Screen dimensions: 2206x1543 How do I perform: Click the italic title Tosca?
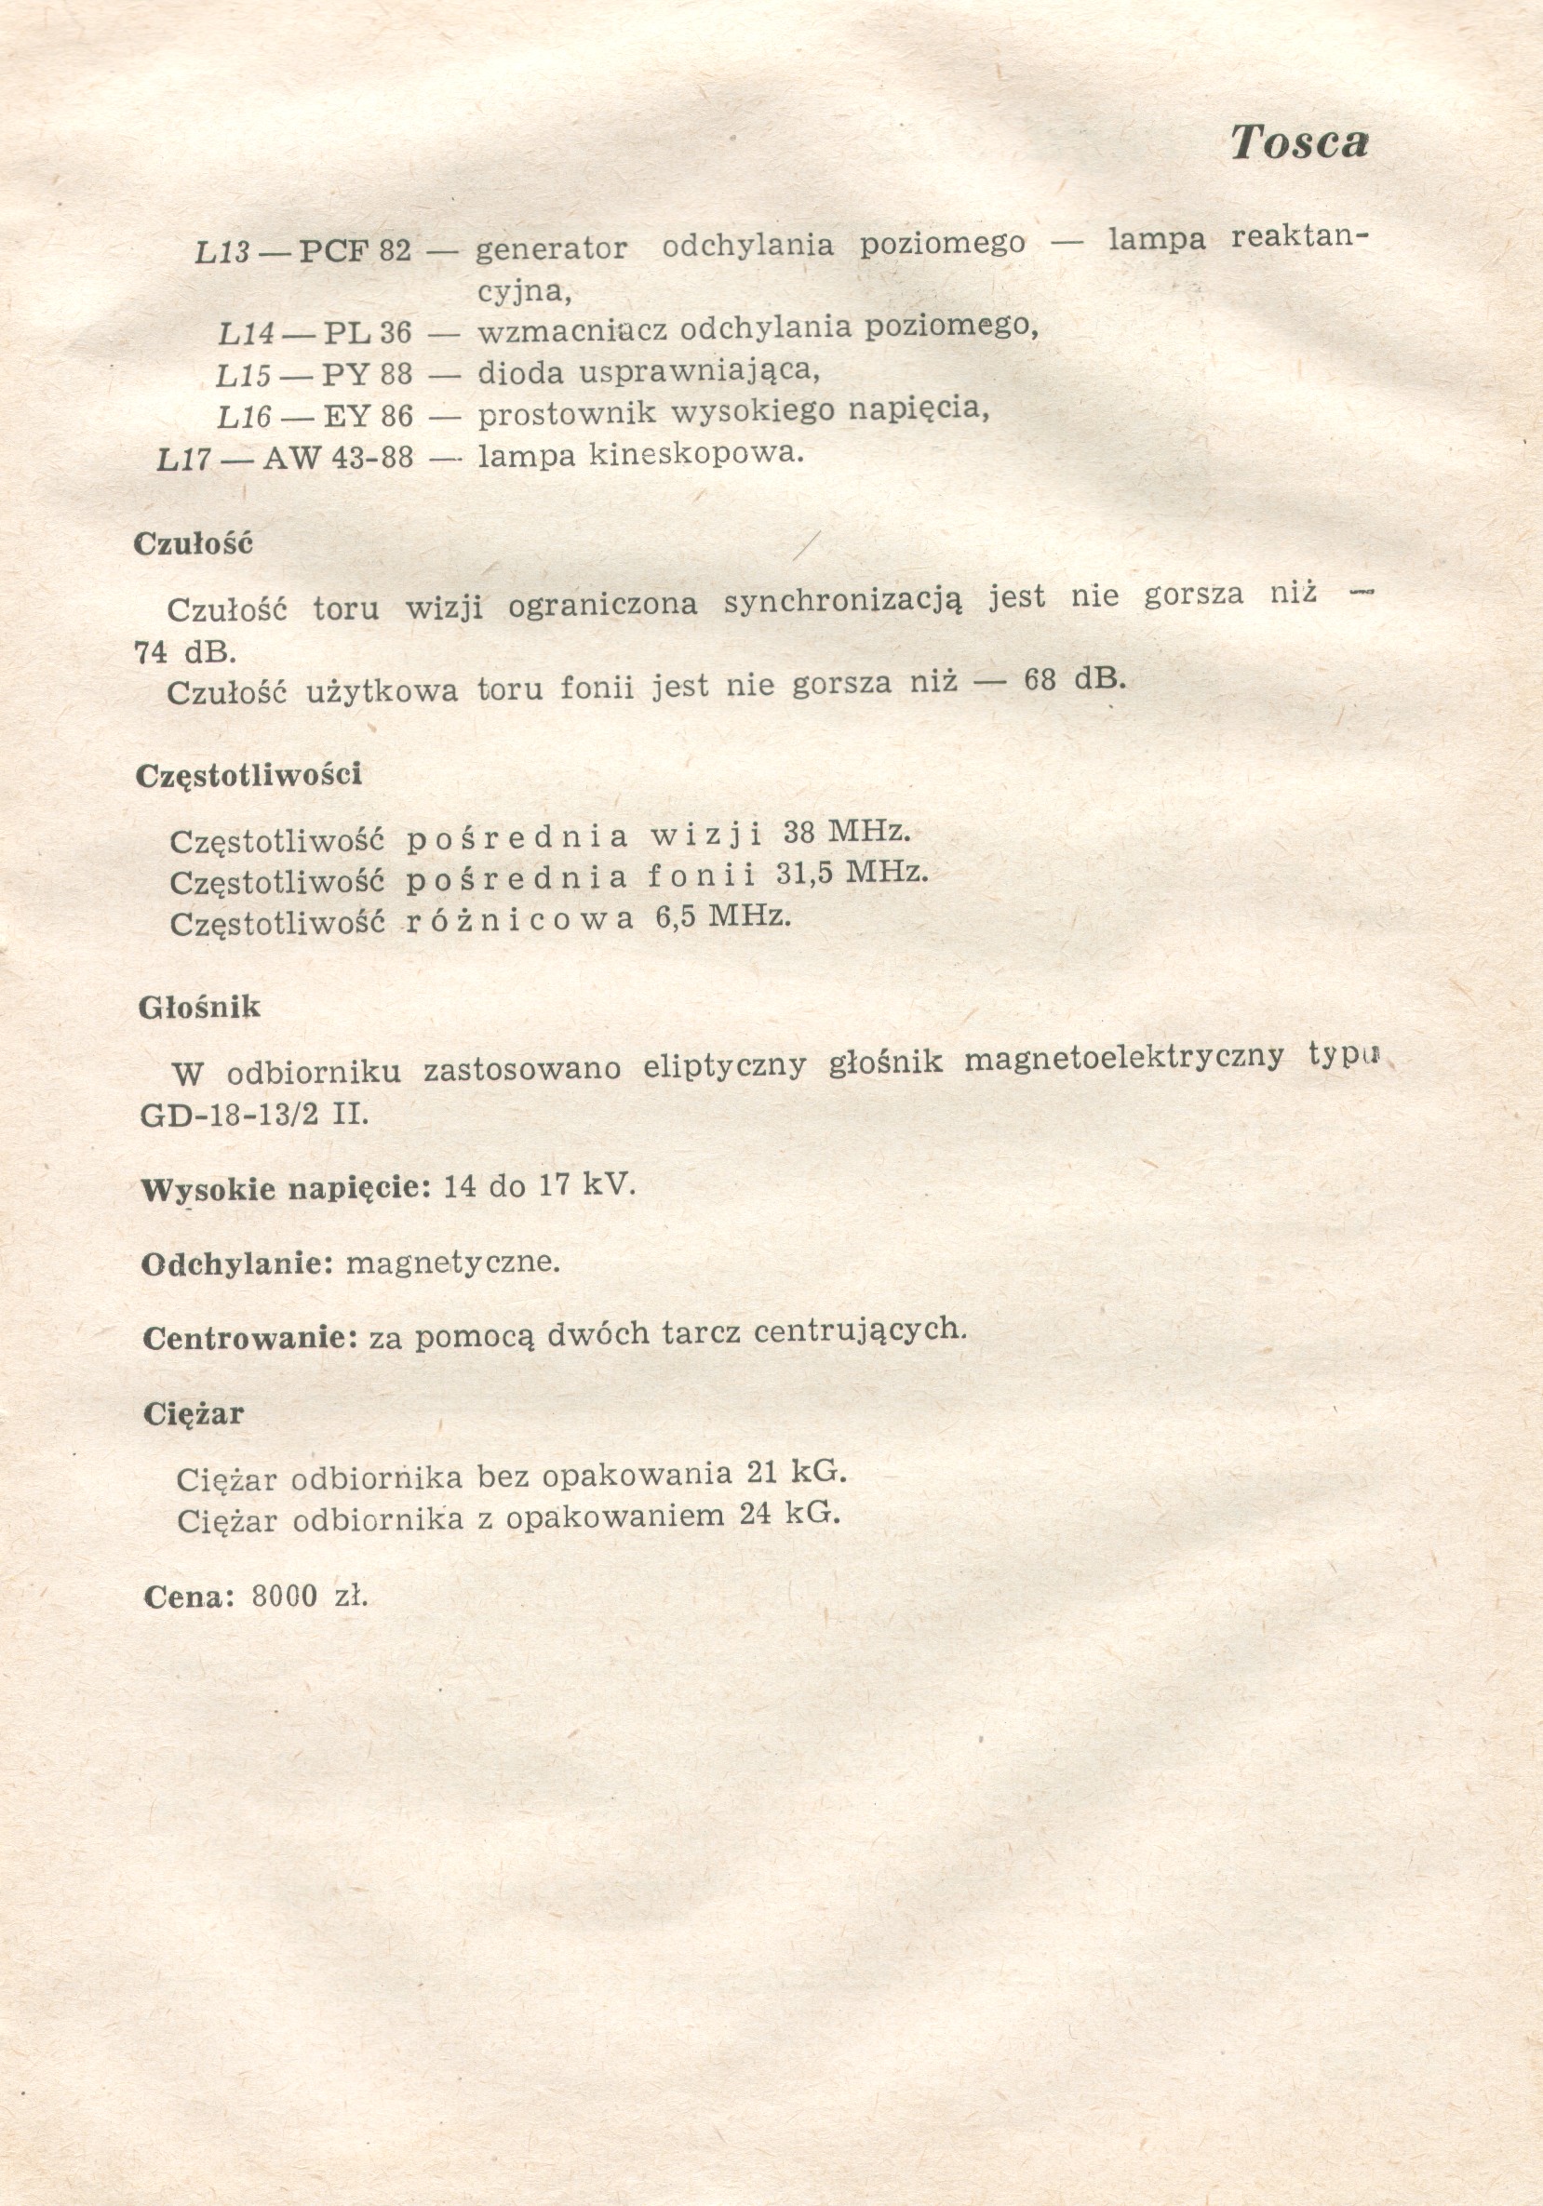[x=1299, y=142]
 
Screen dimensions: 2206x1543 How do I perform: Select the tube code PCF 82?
[x=355, y=251]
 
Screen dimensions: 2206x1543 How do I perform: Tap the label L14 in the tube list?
[x=246, y=333]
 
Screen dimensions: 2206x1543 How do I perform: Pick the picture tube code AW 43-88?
[x=337, y=458]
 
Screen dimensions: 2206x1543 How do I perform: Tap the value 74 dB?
[x=184, y=652]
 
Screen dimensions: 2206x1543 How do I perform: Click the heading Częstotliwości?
[x=248, y=774]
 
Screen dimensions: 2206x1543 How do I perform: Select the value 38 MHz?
[x=845, y=831]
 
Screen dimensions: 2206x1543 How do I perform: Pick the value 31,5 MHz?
[x=852, y=873]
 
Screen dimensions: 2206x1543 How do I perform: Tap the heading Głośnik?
[x=200, y=1007]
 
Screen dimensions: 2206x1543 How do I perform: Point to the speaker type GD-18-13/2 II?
[x=255, y=1115]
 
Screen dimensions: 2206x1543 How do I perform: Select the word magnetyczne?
[x=452, y=1262]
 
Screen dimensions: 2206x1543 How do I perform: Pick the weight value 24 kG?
[x=790, y=1516]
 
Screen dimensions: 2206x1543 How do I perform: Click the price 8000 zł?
[x=309, y=1596]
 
